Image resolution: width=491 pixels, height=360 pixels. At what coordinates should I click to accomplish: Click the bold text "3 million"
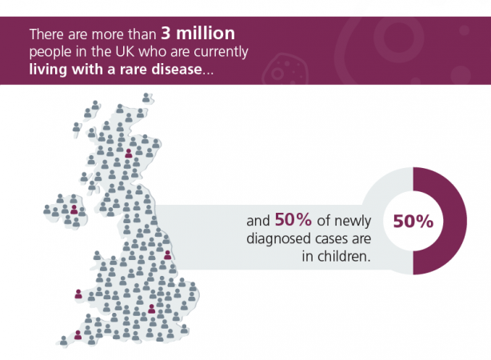[x=198, y=34]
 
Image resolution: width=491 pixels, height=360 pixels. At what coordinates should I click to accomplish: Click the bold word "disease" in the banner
[x=177, y=69]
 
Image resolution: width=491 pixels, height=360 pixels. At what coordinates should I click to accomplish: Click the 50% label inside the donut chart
[x=413, y=222]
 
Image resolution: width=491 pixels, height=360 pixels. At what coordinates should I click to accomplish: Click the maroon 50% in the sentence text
[x=293, y=219]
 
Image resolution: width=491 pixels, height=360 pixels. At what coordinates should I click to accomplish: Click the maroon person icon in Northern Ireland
[x=74, y=210]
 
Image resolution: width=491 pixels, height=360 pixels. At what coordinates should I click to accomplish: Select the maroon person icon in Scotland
[x=129, y=154]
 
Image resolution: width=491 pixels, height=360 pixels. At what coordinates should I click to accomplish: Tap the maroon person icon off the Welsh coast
[x=78, y=294]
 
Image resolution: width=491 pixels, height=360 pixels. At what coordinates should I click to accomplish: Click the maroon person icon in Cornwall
[x=78, y=334]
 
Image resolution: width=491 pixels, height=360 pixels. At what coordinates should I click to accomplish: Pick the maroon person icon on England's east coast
[x=167, y=254]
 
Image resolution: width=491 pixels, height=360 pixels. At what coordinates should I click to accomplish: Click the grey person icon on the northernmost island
[x=146, y=98]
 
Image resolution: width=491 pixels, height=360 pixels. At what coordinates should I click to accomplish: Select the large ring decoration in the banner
[x=398, y=39]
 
